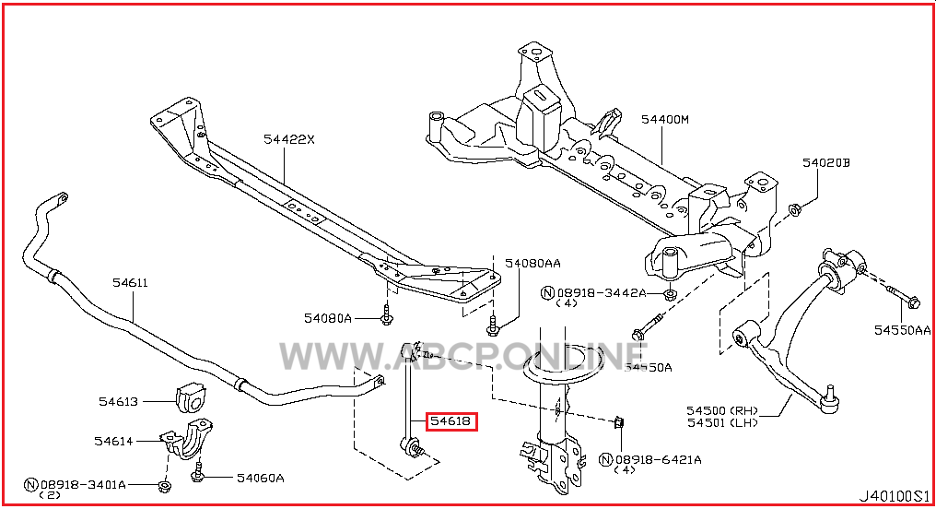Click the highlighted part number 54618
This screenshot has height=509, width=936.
coord(450,421)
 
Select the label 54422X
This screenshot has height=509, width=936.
coord(289,139)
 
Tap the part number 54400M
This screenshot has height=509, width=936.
coord(665,120)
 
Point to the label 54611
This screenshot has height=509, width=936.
coord(130,282)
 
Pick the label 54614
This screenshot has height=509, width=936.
coord(113,442)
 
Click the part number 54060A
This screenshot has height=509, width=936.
coord(261,478)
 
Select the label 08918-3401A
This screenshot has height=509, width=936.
coord(83,484)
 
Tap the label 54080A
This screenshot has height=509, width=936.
coord(328,318)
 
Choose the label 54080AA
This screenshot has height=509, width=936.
coord(533,263)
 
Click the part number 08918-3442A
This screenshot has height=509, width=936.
coord(602,292)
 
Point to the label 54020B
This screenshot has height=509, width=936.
coord(826,162)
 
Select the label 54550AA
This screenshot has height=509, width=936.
coord(903,330)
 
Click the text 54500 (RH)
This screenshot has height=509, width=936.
coord(722,410)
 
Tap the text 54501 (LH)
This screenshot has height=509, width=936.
coord(722,422)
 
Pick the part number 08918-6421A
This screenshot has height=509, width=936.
coord(659,459)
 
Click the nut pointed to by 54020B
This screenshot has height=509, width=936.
coord(794,209)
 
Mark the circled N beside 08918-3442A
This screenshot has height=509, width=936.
coord(548,292)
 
